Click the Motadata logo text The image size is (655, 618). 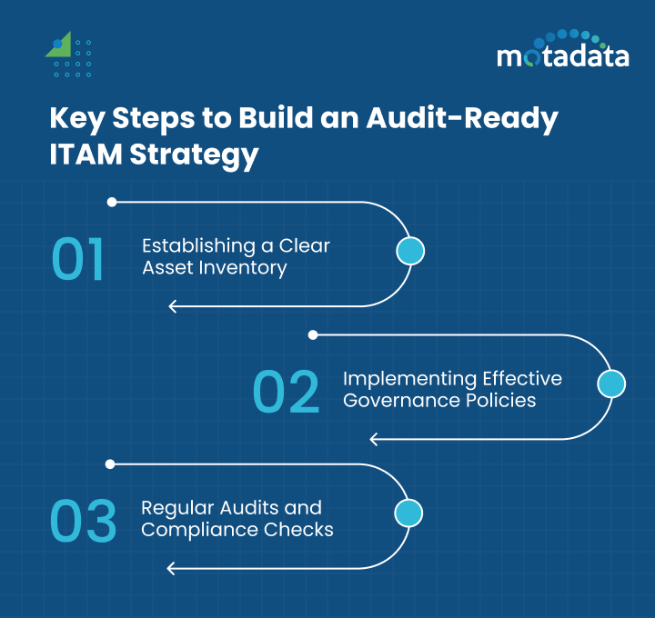(x=562, y=56)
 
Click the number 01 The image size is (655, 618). (x=78, y=259)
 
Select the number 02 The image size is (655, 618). (x=286, y=393)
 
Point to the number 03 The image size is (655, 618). (x=83, y=521)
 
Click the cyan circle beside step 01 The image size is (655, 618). (x=411, y=252)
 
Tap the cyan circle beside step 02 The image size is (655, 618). (x=611, y=384)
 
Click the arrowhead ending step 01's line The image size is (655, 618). (x=173, y=306)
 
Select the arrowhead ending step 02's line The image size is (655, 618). (x=374, y=439)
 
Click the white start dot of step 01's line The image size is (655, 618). (x=111, y=202)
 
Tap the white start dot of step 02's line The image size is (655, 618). (x=313, y=335)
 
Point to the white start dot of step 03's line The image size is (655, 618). (x=111, y=463)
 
